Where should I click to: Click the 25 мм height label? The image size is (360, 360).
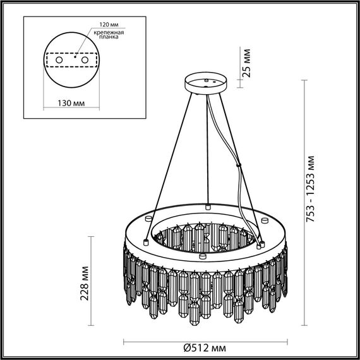point(247,63)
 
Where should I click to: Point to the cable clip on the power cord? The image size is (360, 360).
point(238,165)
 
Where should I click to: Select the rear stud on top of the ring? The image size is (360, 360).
point(207,206)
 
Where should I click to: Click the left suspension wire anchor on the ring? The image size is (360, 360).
point(146,241)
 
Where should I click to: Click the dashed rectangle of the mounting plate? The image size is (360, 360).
point(72,59)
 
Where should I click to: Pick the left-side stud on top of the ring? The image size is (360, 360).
point(146,241)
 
